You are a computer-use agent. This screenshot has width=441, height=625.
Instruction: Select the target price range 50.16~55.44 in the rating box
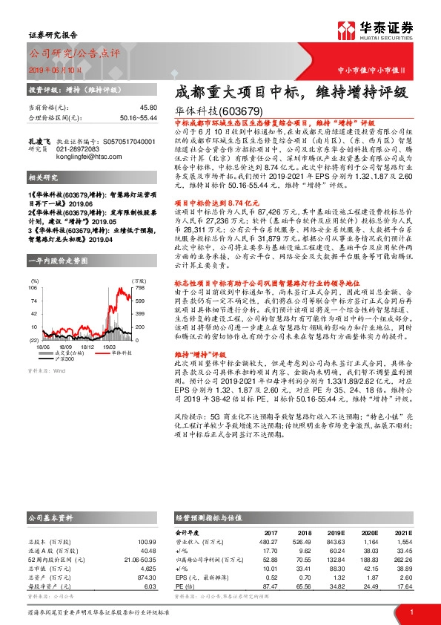pyautogui.click(x=137, y=117)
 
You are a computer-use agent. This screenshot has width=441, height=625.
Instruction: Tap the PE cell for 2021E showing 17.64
pyautogui.click(x=402, y=586)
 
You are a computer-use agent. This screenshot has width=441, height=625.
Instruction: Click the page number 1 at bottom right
pyautogui.click(x=411, y=612)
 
